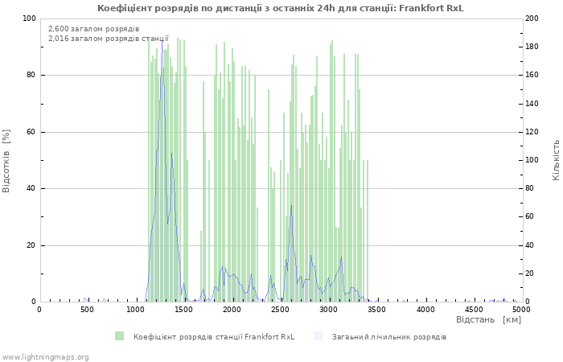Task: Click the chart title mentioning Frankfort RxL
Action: click(x=281, y=8)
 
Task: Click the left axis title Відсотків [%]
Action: click(x=6, y=160)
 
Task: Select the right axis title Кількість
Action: click(x=556, y=159)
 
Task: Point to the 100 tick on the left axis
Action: click(x=29, y=19)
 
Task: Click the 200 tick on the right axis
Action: click(x=532, y=19)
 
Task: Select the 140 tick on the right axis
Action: click(x=532, y=104)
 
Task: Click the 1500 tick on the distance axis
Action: click(x=183, y=309)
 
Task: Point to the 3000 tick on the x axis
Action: click(x=328, y=309)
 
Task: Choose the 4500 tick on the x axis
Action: click(x=473, y=309)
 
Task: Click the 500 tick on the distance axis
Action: click(x=87, y=309)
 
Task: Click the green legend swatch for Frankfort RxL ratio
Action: click(x=120, y=336)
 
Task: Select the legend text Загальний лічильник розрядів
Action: click(x=389, y=336)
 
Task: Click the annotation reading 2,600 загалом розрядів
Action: click(x=93, y=29)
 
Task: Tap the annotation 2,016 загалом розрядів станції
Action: click(x=108, y=38)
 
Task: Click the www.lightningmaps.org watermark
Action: click(x=45, y=356)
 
